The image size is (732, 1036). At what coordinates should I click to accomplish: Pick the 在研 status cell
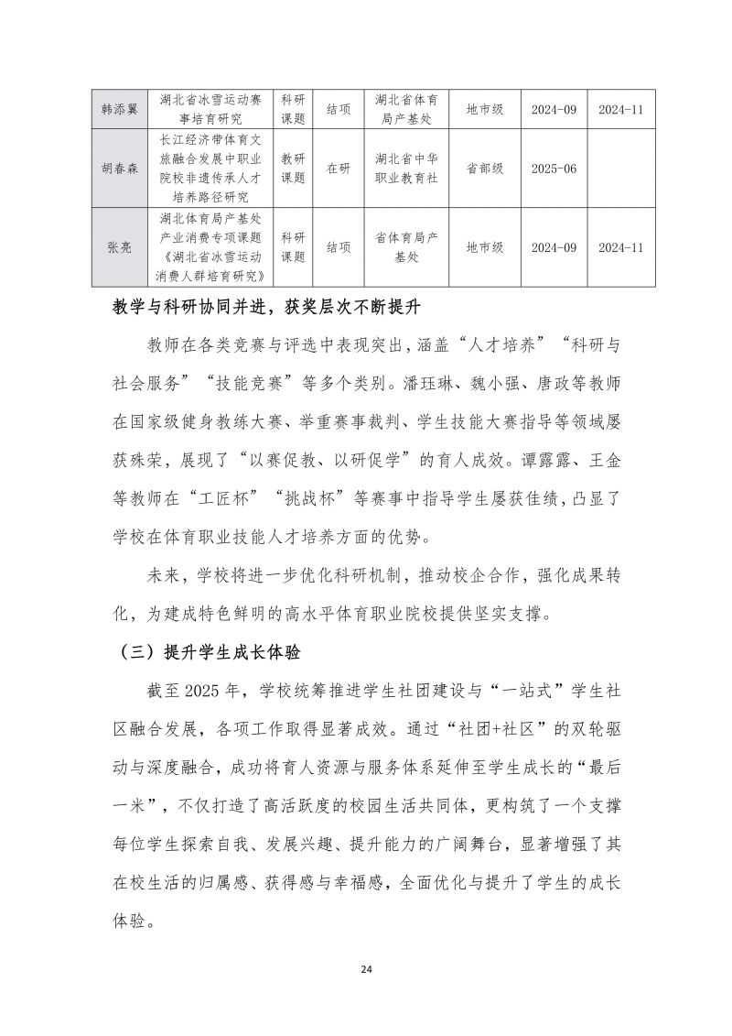click(338, 169)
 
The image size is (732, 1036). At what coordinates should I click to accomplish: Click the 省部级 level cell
click(484, 169)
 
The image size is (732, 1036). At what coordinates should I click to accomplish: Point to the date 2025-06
click(554, 169)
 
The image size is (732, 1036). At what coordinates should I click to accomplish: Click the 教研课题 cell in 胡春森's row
click(293, 169)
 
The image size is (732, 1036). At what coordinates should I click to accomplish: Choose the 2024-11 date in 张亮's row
click(621, 247)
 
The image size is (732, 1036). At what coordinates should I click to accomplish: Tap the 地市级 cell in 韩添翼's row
click(484, 109)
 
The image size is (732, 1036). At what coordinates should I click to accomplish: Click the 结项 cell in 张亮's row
click(338, 247)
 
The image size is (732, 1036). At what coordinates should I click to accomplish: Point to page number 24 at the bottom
click(366, 968)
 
